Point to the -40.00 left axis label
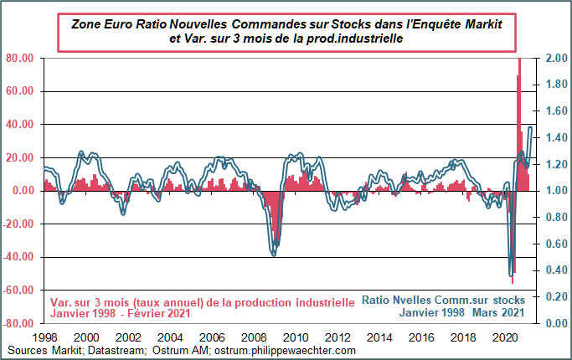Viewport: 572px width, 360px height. coord(18,257)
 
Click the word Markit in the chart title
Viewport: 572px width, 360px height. coord(478,24)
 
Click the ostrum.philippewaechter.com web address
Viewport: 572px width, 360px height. coord(285,350)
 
